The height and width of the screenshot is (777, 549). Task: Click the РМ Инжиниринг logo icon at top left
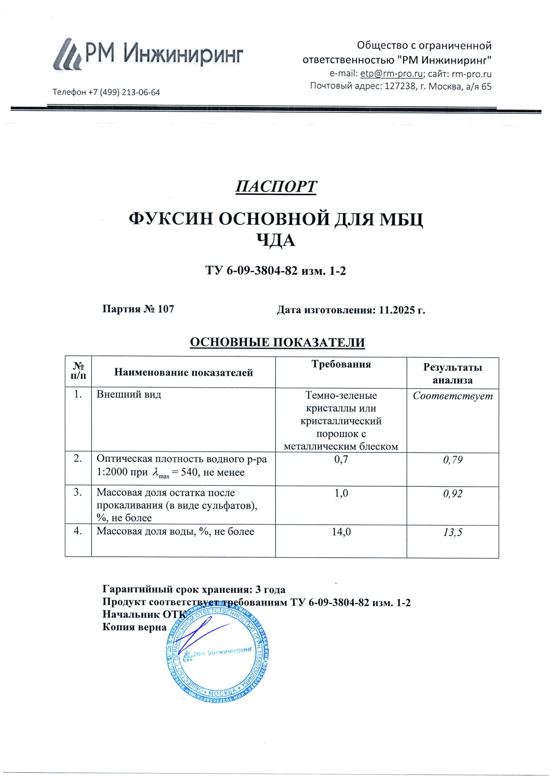67,54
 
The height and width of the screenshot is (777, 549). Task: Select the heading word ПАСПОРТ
276,187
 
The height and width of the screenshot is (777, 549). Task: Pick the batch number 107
166,309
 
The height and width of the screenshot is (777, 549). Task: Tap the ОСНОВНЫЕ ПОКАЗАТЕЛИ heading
277,342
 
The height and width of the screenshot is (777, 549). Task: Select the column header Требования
341,364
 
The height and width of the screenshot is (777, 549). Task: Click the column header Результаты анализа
452,373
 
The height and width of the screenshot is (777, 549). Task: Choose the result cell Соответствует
452,396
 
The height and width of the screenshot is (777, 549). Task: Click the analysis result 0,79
452,460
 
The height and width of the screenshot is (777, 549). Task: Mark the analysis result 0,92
452,494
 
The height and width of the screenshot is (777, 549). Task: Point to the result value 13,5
452,532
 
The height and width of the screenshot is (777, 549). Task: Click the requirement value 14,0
341,532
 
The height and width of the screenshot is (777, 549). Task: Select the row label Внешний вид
129,394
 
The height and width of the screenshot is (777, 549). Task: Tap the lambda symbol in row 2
156,472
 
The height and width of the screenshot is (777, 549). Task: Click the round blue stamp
217,655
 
